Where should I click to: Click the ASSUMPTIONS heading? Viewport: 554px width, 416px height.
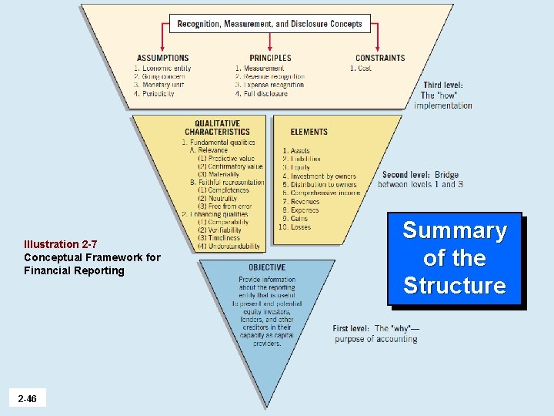pyautogui.click(x=162, y=58)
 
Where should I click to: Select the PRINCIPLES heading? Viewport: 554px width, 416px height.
pyautogui.click(x=270, y=58)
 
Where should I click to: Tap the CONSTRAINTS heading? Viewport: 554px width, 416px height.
pyautogui.click(x=380, y=58)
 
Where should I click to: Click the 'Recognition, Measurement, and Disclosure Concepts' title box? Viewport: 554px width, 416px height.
pyautogui.click(x=269, y=24)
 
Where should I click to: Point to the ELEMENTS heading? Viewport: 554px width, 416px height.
pyautogui.click(x=309, y=132)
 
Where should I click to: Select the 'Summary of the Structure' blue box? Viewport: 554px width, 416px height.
pyautogui.click(x=454, y=258)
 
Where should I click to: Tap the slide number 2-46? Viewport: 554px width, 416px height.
pyautogui.click(x=27, y=398)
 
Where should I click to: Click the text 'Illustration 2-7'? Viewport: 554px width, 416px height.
pyautogui.click(x=60, y=244)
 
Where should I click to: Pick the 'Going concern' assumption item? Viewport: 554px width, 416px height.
pyautogui.click(x=162, y=76)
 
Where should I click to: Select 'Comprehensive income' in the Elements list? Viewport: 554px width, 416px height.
pyautogui.click(x=321, y=193)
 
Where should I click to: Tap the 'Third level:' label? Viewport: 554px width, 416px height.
pyautogui.click(x=442, y=85)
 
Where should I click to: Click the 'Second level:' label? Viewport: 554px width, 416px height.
pyautogui.click(x=405, y=175)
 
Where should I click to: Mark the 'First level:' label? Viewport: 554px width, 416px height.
pyautogui.click(x=351, y=328)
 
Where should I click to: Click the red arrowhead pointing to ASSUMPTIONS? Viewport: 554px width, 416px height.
pyautogui.click(x=162, y=47)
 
